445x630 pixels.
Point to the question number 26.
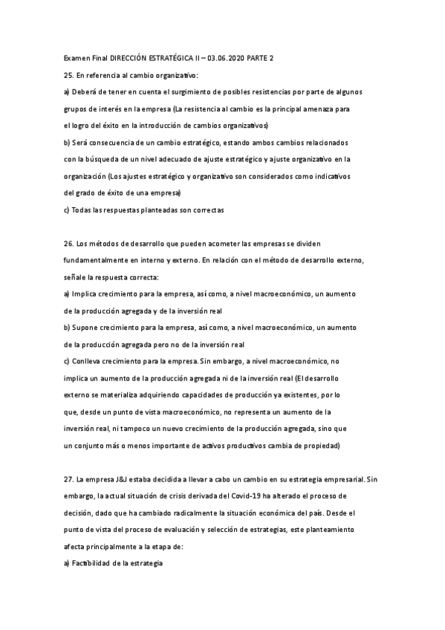pyautogui.click(x=68, y=244)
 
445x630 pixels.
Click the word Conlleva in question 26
pyautogui.click(x=90, y=362)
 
